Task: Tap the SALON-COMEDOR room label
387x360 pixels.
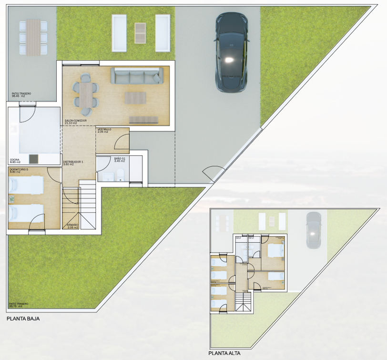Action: [x=76, y=121]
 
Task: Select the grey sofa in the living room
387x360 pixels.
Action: [x=136, y=76]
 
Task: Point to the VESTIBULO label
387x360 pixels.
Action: [x=104, y=130]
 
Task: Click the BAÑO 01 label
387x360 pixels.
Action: [x=120, y=158]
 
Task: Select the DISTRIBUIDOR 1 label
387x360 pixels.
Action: [x=73, y=162]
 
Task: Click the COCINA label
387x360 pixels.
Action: [x=15, y=160]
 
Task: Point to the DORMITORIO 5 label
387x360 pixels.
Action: [x=19, y=169]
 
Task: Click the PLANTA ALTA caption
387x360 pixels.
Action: [x=224, y=353]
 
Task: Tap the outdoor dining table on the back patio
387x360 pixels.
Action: [x=33, y=36]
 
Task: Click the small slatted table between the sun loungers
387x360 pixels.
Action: [x=140, y=32]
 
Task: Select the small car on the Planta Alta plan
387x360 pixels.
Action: [x=313, y=230]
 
